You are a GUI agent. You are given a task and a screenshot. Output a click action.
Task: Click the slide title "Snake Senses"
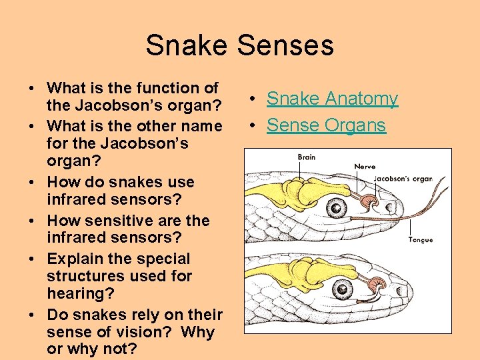239,45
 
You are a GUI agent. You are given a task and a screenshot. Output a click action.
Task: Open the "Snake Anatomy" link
332,99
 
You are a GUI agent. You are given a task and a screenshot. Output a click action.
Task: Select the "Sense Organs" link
326,125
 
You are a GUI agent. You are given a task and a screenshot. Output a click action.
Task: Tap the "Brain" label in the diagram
307,157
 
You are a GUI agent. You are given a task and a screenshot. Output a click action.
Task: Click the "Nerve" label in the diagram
365,167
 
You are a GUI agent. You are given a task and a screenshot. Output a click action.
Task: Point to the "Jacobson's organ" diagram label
403,179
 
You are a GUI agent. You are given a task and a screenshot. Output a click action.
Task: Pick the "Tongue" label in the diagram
420,239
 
